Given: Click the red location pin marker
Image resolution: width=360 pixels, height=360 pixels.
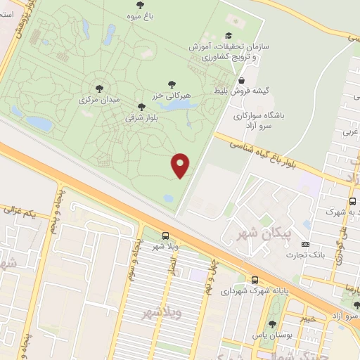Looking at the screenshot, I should click(181, 165).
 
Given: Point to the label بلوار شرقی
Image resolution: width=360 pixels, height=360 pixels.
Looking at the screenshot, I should click(139, 118).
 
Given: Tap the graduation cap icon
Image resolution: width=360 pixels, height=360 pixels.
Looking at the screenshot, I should click(227, 35).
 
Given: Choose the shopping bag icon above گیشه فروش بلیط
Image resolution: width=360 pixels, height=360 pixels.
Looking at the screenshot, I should click(242, 81).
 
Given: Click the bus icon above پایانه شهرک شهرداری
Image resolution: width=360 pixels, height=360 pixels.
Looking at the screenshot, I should click(255, 279).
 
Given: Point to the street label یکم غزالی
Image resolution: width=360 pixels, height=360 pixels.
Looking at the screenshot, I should click(20, 211).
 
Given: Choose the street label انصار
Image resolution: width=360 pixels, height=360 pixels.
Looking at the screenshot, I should click(172, 265).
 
